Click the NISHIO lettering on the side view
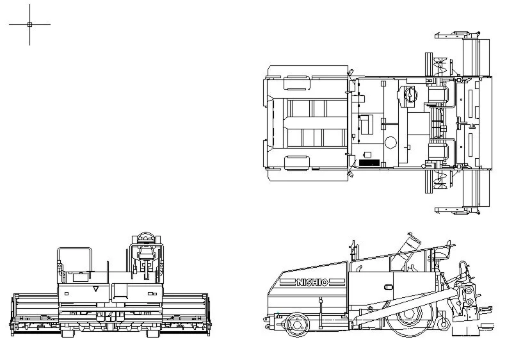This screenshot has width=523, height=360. click(312, 282)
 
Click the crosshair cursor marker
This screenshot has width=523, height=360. click(29, 24)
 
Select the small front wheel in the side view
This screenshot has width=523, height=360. click(296, 324)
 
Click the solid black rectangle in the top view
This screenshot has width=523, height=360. click(369, 163)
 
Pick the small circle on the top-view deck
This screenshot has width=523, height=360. click(390, 143)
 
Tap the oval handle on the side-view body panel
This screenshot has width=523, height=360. click(389, 287)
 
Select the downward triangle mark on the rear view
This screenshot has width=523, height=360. click(96, 289)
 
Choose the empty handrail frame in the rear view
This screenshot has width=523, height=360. click(74, 260)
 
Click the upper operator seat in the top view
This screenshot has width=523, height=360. click(438, 94)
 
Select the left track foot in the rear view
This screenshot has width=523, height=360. click(68, 333)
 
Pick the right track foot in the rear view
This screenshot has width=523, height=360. click(154, 333)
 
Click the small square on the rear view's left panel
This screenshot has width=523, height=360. click(67, 293)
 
